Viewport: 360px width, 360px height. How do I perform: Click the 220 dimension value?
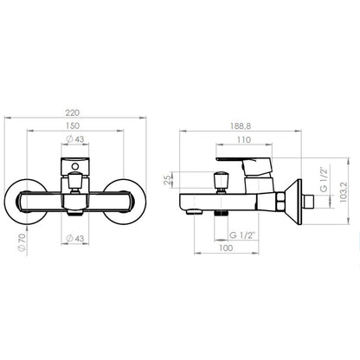click(72, 112)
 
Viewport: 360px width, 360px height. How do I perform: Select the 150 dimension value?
click(73, 125)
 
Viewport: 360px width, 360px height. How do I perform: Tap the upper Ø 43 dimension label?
click(75, 139)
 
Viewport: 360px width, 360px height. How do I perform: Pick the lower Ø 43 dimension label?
click(75, 239)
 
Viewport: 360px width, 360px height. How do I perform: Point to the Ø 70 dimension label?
click(22, 242)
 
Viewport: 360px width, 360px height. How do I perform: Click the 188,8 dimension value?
click(241, 126)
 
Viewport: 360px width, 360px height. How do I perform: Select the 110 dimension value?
click(244, 140)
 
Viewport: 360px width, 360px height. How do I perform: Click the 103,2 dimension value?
click(344, 192)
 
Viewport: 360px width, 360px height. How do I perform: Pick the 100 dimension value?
click(226, 247)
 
